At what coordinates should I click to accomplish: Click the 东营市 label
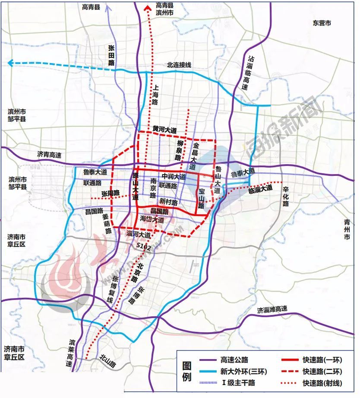pos(322,23)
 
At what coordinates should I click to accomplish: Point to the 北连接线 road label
pos(179,65)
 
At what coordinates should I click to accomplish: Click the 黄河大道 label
pos(164,129)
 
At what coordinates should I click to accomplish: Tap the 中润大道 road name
pos(174,177)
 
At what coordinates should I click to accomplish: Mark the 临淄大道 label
pos(260,188)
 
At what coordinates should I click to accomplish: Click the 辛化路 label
pos(285,197)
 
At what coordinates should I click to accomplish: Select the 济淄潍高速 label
pos(272,309)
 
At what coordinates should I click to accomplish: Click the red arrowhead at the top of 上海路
pos(148,6)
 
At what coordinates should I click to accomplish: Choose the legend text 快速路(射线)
pos(322,383)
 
